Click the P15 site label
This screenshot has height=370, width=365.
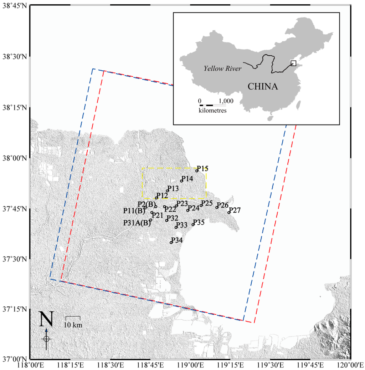(x=202, y=168)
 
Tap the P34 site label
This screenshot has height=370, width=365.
(x=177, y=240)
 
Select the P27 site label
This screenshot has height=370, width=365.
(x=235, y=210)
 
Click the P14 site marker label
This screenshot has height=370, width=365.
(x=187, y=178)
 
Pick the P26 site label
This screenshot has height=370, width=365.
(x=222, y=205)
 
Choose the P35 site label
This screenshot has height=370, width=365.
(x=199, y=222)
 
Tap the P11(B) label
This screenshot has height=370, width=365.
(x=134, y=211)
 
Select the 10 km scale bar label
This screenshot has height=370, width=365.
(x=73, y=325)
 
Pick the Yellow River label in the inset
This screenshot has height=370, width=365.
(x=223, y=68)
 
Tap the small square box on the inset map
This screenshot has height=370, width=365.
(x=293, y=63)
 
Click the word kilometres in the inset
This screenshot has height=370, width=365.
(x=213, y=111)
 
